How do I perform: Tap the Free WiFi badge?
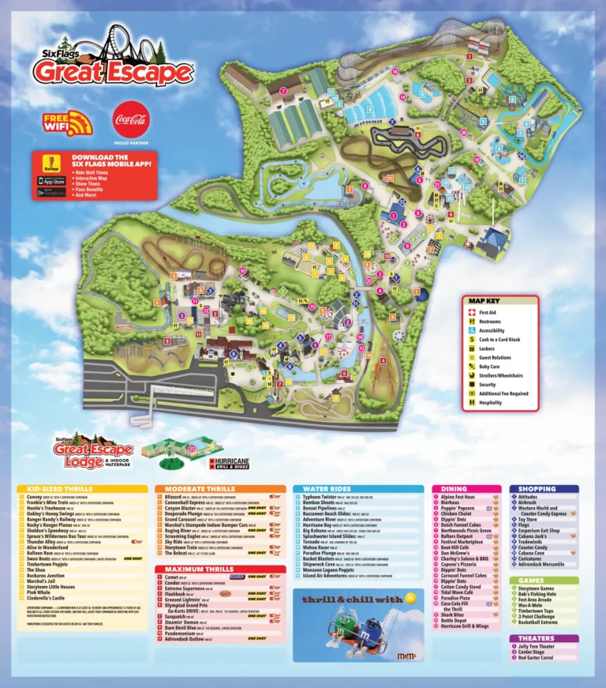click(x=68, y=123)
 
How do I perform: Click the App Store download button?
click(x=50, y=181)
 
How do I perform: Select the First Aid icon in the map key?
click(x=473, y=313)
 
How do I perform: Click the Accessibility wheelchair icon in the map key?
click(x=473, y=330)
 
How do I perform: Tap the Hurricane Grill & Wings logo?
click(x=229, y=462)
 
